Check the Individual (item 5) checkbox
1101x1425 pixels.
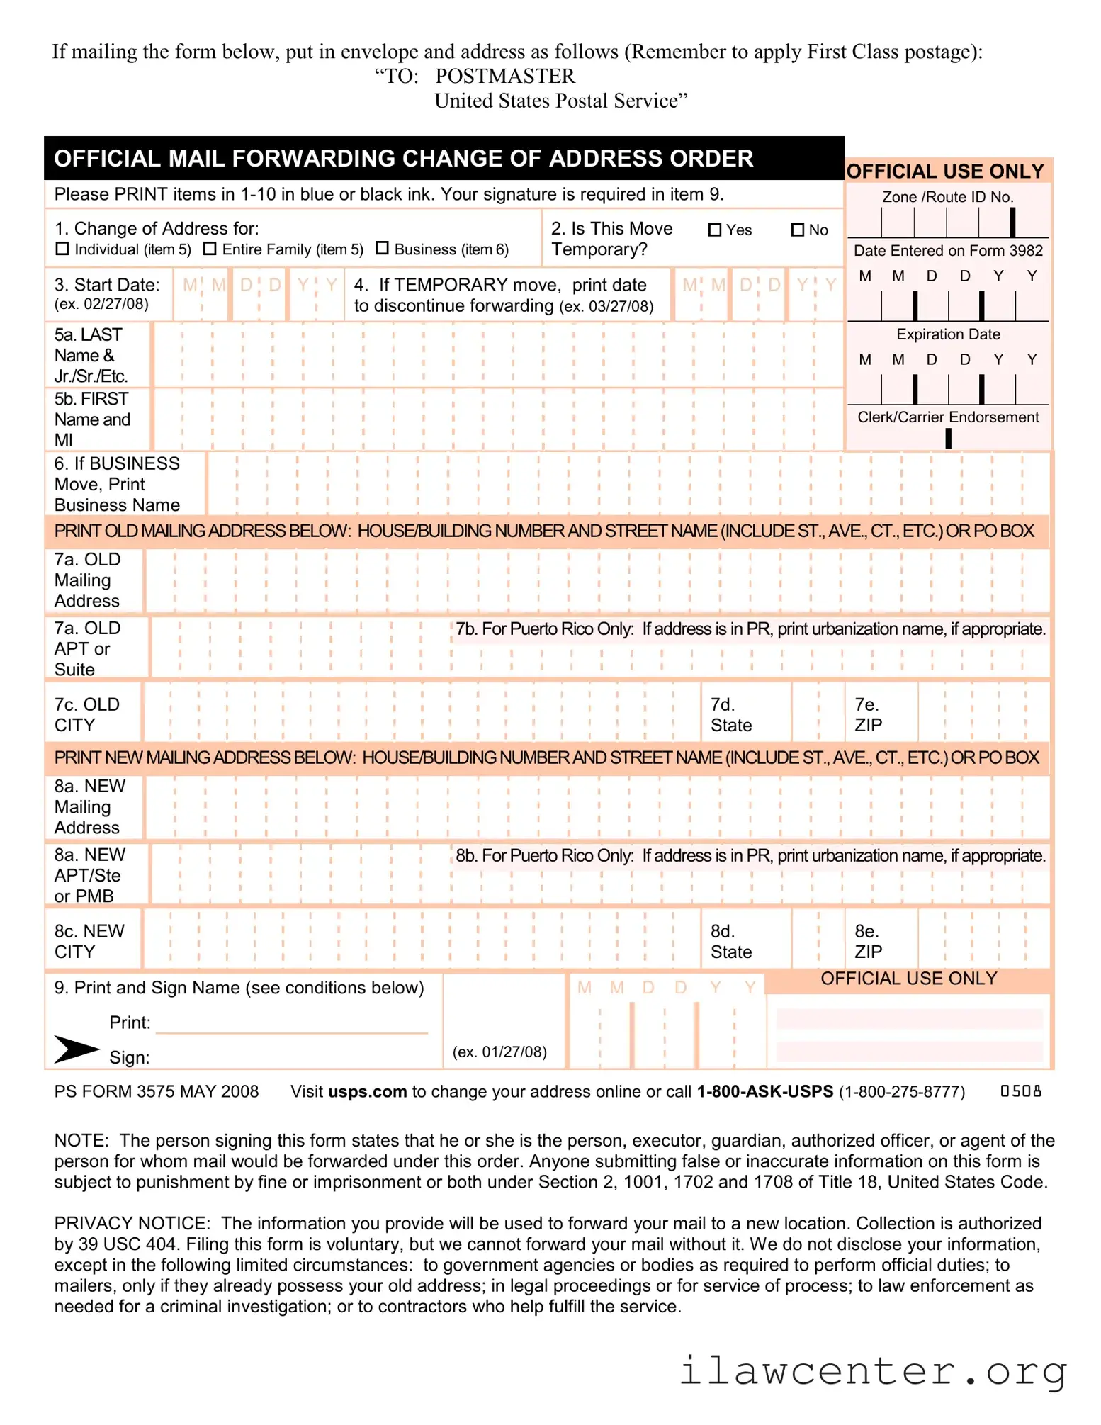[x=62, y=249]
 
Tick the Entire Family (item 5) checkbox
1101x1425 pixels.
[x=210, y=249]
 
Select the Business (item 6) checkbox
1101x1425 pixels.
[x=382, y=248]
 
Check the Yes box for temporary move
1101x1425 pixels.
[x=715, y=230]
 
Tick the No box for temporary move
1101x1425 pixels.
[x=798, y=230]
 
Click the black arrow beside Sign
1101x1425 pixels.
[x=76, y=1049]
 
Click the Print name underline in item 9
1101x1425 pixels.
[x=291, y=1032]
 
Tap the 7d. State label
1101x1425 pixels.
[x=730, y=715]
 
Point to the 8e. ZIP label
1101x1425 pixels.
[x=868, y=942]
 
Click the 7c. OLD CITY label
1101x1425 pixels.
[x=86, y=715]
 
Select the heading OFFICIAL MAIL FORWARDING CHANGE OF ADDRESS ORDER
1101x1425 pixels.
[x=403, y=159]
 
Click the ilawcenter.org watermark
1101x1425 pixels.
[x=873, y=1370]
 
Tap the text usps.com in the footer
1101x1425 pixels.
[x=367, y=1092]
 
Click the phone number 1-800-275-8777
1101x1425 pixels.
[x=901, y=1092]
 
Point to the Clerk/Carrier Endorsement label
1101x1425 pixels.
[x=947, y=417]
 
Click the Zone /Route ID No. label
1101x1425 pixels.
[x=947, y=197]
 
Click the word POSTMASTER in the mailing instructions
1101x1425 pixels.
[x=504, y=77]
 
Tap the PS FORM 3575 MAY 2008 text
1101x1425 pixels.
[x=156, y=1092]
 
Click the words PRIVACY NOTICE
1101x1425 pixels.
[x=132, y=1224]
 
